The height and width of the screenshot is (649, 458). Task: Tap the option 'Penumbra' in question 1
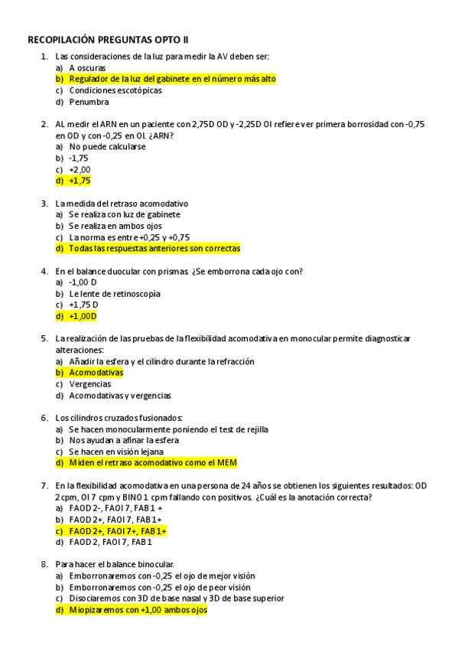pos(89,102)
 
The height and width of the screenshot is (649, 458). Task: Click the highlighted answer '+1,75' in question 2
pos(80,181)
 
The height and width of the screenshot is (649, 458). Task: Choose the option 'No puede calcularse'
pos(107,146)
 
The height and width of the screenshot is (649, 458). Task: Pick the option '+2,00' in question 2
pos(80,169)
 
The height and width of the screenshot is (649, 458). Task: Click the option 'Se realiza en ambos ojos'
pos(115,226)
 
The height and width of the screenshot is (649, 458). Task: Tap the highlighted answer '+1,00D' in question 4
pos(83,316)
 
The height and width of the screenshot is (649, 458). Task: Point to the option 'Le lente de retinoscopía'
pos(115,293)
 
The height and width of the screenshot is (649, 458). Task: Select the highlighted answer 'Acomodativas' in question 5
pos(96,373)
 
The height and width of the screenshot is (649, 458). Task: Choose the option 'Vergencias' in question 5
pos(90,384)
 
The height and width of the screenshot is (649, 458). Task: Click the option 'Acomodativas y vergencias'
pos(120,396)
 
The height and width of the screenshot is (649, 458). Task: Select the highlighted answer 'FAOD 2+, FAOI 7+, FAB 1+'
pos(118,530)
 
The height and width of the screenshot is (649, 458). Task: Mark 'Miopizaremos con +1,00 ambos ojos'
pos(138,610)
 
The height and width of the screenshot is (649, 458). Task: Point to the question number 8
pos(44,564)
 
